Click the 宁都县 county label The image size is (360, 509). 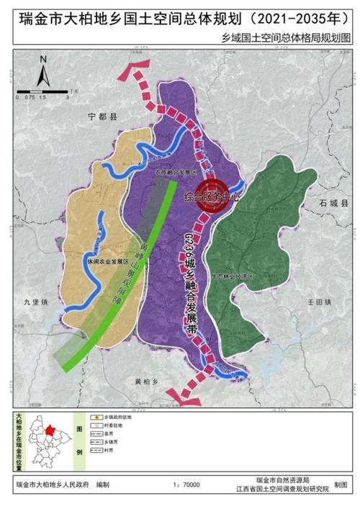[x=102, y=115]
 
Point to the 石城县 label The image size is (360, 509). [x=333, y=204]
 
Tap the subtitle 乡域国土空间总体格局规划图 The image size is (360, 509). [x=297, y=35]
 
